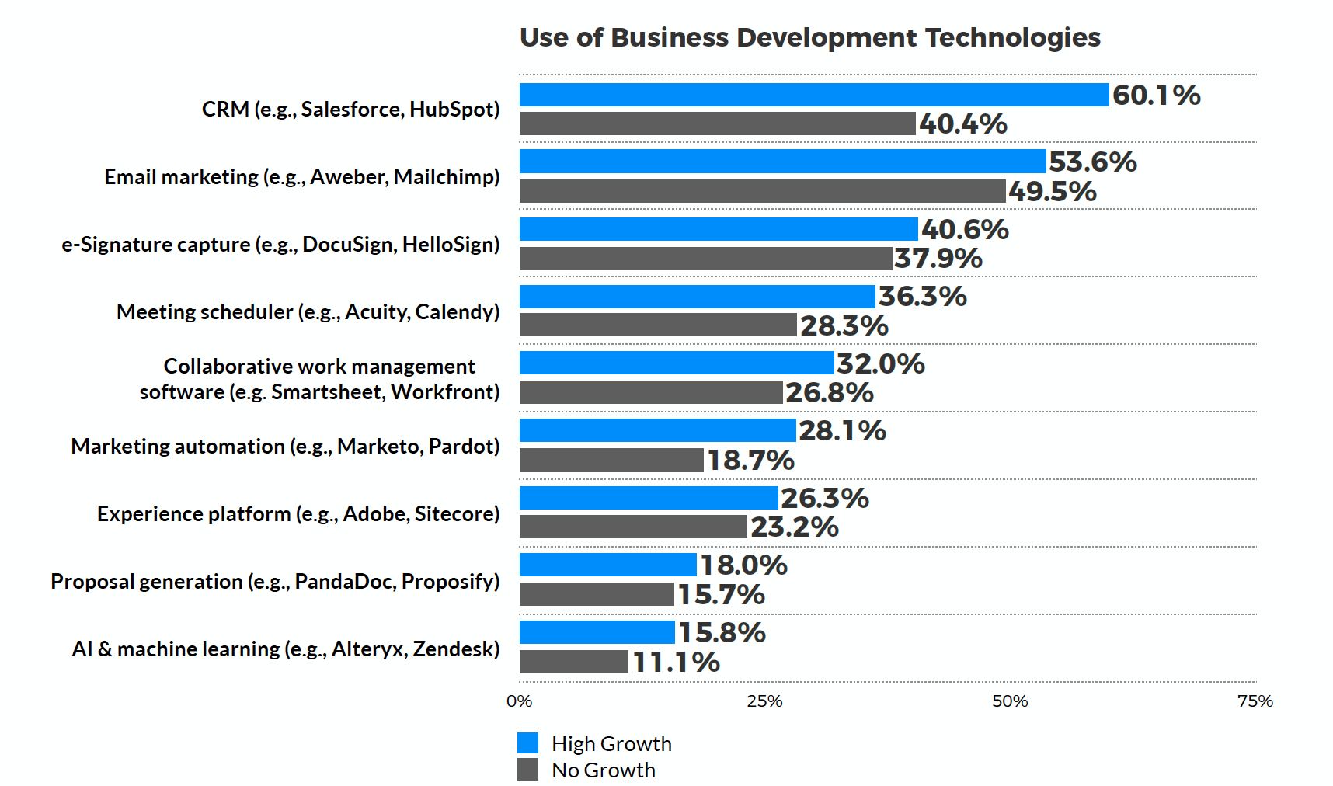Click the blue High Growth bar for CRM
[813, 95]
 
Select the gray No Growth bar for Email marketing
[762, 191]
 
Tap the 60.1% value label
[1156, 95]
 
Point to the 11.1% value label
[676, 663]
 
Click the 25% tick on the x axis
[764, 701]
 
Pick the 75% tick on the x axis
[1255, 701]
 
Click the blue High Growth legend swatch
[528, 743]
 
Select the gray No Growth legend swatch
[528, 770]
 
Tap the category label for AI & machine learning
[285, 649]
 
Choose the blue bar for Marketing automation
[657, 430]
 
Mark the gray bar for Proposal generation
[597, 594]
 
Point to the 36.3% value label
[922, 296]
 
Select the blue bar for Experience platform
[649, 498]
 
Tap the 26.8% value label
[829, 393]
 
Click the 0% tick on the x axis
[519, 701]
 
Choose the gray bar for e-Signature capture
[705, 259]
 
